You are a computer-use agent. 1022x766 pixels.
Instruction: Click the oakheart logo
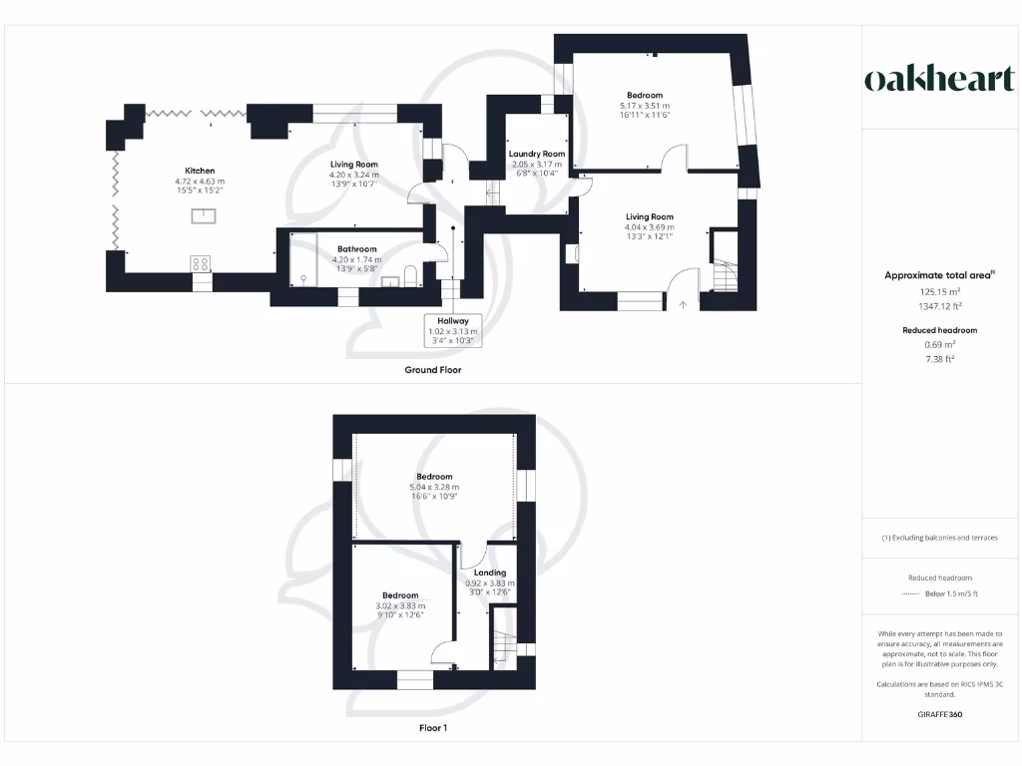click(x=939, y=80)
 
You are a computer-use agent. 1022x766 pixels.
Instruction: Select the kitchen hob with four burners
click(x=201, y=264)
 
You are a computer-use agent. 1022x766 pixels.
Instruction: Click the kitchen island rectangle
click(x=209, y=213)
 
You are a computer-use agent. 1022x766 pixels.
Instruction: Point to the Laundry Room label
click(x=537, y=154)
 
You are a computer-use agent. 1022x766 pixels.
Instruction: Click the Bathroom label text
click(x=356, y=248)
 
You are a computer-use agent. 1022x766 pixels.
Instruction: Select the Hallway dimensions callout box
click(x=452, y=330)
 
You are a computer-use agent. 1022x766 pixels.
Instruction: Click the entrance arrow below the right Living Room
click(x=683, y=304)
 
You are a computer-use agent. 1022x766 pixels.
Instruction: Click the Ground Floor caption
click(x=432, y=369)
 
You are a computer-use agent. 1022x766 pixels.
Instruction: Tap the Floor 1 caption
click(x=433, y=728)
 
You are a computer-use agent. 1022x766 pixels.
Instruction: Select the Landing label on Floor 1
click(x=490, y=573)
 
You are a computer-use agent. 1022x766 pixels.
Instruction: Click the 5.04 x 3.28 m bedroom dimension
click(x=434, y=487)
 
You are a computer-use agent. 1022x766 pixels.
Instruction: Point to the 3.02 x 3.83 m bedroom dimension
click(x=400, y=605)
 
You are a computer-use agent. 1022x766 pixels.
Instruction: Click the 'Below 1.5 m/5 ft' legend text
click(x=950, y=594)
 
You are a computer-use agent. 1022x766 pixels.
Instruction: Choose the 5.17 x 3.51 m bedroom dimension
click(x=644, y=106)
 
